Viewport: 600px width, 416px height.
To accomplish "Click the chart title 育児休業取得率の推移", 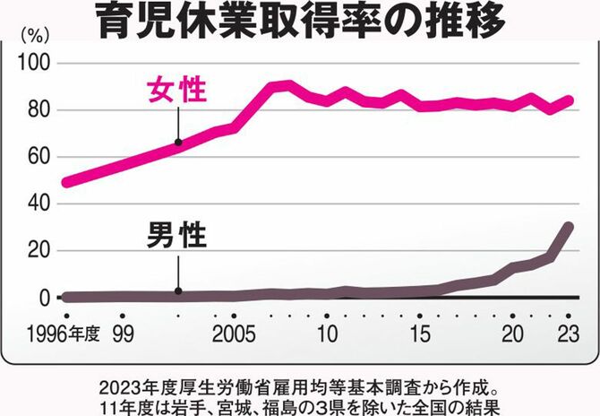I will pos(300,22).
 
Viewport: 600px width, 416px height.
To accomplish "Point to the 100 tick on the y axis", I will pos(38,64).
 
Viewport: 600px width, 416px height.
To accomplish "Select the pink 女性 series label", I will pos(177,91).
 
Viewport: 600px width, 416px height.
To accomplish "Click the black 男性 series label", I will pos(177,237).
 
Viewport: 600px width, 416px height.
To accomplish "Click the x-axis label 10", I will pos(327,334).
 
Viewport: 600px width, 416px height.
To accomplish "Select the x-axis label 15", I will pos(419,334).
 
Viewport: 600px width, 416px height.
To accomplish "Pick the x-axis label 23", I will pos(568,334).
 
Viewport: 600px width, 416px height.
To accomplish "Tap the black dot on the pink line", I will pos(178,142).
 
